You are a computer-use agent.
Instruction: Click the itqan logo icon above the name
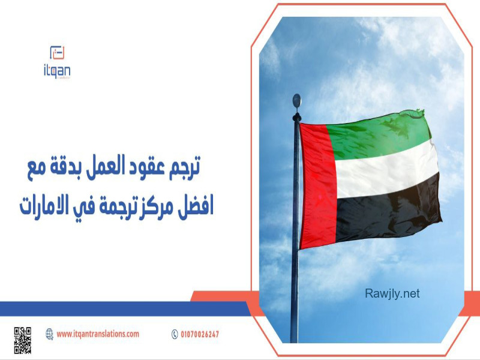tap(57, 52)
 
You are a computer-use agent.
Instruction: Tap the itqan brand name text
tap(57, 71)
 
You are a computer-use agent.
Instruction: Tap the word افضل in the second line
tap(196, 206)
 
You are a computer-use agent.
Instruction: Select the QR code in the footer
tap(22, 340)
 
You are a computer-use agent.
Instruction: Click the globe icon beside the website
tap(49, 334)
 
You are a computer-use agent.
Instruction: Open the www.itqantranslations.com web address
tap(98, 334)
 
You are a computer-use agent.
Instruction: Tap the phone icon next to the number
tap(175, 334)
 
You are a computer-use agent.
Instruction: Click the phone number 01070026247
tap(200, 334)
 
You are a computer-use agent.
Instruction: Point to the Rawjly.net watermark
tap(392, 293)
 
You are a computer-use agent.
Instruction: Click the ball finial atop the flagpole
tap(296, 101)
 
